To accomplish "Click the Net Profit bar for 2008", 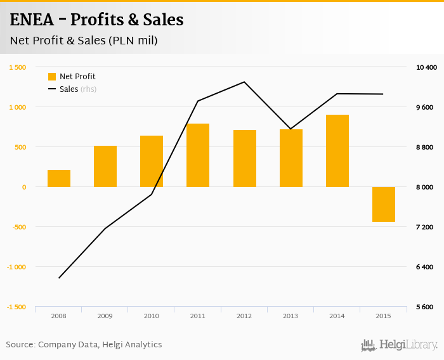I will point(59,178).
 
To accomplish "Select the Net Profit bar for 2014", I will point(337,151).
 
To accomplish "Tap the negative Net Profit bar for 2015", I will point(384,204).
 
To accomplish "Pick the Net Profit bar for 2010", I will point(152,161).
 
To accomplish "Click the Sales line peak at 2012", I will point(244,82).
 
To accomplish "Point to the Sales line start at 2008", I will point(59,278).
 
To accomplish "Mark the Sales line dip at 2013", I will point(291,129).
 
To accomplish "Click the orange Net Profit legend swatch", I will point(52,77).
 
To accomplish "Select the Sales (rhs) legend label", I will point(78,89).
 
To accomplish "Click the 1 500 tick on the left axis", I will point(17,67).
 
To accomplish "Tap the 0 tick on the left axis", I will point(23,187).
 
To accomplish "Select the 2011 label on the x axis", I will point(198,316).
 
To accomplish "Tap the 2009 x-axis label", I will point(105,316).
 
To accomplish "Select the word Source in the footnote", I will point(20,345).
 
